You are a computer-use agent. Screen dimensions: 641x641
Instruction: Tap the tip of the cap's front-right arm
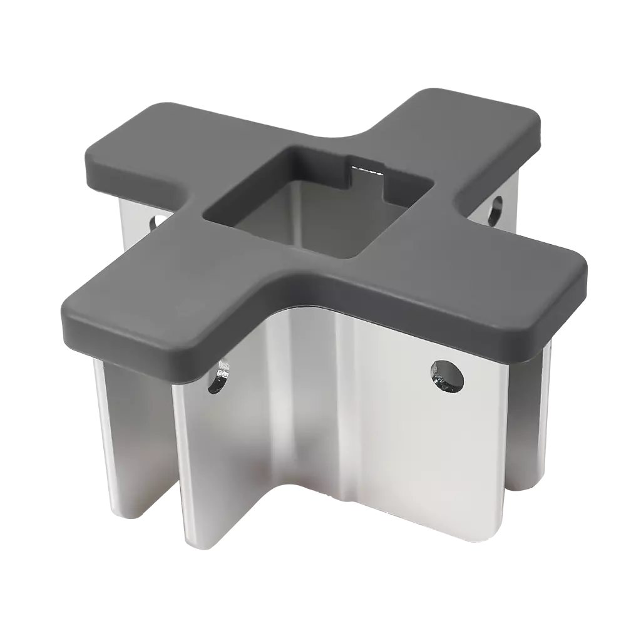pos(573,294)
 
